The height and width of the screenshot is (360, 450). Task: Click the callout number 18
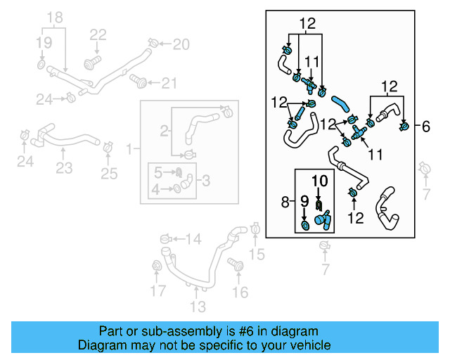coord(54,16)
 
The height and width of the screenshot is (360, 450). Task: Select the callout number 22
coord(98,34)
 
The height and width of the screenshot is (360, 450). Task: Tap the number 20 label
coord(181,45)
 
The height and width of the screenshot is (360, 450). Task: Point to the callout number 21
coord(169,84)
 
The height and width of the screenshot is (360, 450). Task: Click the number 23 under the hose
coord(64,168)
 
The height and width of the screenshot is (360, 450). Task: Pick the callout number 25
coord(109,173)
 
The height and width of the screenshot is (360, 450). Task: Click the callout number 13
coord(198,306)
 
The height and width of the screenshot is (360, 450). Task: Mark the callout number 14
coord(193,240)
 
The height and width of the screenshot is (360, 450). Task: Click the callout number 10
coord(320,181)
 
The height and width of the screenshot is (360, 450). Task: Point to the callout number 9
coord(305,202)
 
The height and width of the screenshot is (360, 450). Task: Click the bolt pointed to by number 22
coord(90,64)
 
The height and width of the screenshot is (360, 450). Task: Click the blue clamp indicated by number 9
coord(305,225)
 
